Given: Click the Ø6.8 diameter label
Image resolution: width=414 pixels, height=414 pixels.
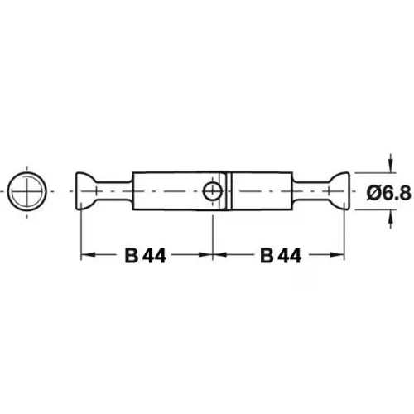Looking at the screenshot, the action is click(x=388, y=192).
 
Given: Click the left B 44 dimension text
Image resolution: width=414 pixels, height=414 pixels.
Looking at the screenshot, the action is click(x=146, y=256).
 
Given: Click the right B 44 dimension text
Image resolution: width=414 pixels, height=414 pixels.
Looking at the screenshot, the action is click(x=281, y=256).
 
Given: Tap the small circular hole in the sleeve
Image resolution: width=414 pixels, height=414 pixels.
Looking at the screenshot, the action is click(x=213, y=191).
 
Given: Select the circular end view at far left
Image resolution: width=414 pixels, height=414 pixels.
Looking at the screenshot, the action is click(x=26, y=191).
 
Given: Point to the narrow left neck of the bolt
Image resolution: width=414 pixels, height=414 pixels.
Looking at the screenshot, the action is click(x=113, y=191).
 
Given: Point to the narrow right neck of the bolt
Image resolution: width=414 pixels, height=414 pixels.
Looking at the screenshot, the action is click(x=311, y=191).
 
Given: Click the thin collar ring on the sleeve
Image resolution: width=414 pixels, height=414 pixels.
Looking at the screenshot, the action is click(x=229, y=191).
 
